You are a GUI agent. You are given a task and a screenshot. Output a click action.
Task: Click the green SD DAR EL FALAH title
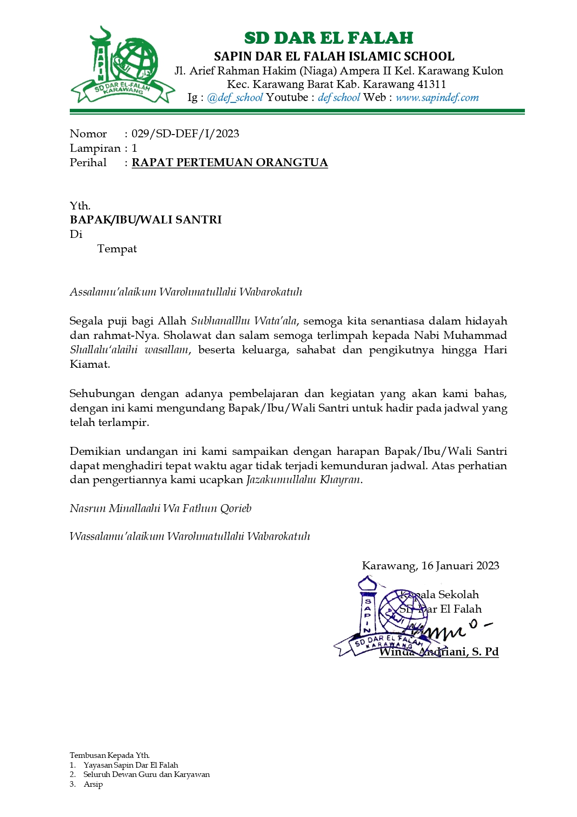pos(329,38)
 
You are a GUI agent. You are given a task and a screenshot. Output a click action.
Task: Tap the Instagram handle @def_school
pos(235,98)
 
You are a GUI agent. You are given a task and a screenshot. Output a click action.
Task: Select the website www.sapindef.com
pos(437,98)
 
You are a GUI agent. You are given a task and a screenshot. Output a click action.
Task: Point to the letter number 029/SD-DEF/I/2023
pos(185,134)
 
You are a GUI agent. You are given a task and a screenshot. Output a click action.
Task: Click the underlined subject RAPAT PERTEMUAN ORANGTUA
pos(230,162)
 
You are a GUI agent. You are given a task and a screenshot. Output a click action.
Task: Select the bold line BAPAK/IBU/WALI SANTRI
pos(146,220)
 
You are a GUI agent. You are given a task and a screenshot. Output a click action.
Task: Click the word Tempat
pos(117,249)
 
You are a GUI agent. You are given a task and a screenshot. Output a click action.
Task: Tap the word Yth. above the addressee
pos(80,206)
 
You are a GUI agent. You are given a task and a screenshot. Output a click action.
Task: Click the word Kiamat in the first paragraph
pos(90,364)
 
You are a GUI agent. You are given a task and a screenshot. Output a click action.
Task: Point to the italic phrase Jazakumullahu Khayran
pos(303,480)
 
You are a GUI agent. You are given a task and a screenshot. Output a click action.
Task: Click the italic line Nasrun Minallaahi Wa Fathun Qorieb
pos(161,508)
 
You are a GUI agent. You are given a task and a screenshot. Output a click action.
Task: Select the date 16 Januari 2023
pos(460,566)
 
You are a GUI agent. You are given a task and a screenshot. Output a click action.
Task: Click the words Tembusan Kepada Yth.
pos(110,755)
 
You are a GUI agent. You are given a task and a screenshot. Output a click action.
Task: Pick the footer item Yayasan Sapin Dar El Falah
pos(131,765)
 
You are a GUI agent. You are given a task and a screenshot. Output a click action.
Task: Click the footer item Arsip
pos(93,784)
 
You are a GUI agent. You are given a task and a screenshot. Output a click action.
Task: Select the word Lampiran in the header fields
pos(95,148)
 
